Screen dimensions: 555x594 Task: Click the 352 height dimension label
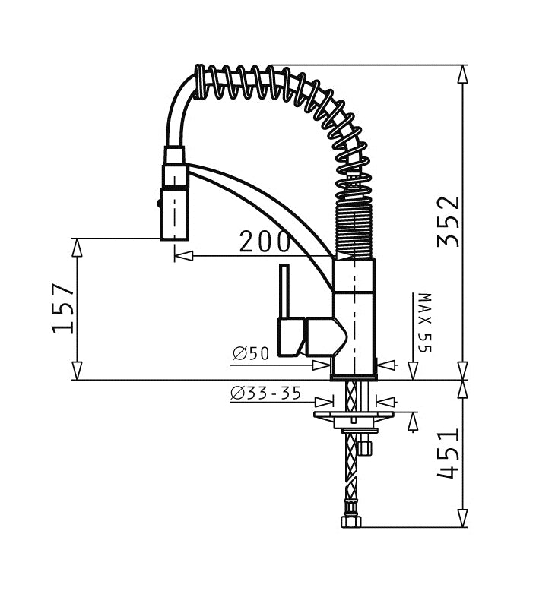[449, 222]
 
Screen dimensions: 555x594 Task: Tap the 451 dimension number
[449, 453]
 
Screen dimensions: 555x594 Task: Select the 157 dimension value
[63, 308]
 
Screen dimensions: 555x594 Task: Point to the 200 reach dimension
[265, 242]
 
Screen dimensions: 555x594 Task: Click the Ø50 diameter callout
[251, 353]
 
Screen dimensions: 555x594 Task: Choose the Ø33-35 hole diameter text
[266, 393]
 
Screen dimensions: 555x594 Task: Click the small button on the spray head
[159, 204]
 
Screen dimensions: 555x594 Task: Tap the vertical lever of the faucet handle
[284, 291]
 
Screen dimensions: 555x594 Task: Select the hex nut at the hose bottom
[351, 522]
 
